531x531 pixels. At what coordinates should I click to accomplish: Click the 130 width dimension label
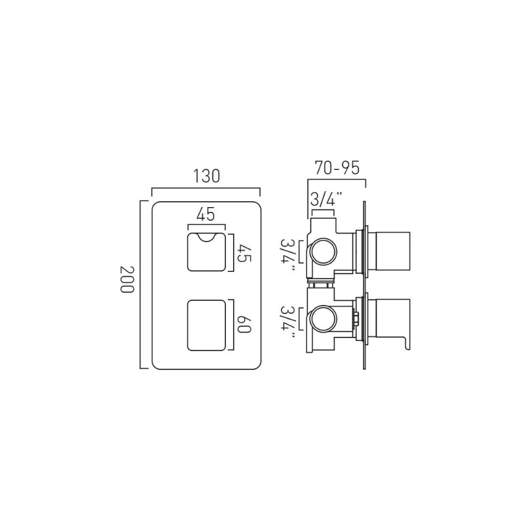206,176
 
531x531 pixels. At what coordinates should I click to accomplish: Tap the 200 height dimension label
127,280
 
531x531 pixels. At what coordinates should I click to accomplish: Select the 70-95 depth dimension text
337,168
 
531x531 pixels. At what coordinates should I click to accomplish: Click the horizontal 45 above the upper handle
206,214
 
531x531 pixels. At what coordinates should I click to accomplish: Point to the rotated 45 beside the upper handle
244,253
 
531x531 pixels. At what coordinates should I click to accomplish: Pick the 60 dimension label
244,324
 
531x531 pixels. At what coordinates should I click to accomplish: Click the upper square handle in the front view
206,252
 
